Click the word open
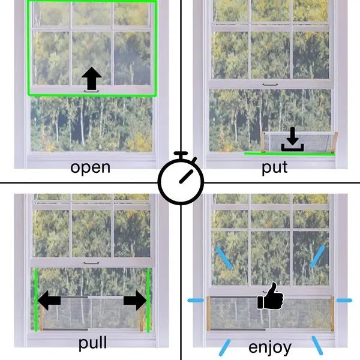pos(90,168)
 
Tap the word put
pos(275,167)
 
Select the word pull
pos(92,343)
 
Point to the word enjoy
pos(270,347)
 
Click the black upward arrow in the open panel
pos(91,78)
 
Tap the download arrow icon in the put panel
pos(293,139)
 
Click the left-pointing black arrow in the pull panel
pos(49,301)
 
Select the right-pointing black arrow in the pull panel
pos(135,301)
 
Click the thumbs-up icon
pos(271,296)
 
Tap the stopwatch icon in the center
pos(181,178)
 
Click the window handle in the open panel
pos(91,91)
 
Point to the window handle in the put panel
pos(270,85)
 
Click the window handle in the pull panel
pos(91,263)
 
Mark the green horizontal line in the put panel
pos(289,154)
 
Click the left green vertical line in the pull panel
pos(36,301)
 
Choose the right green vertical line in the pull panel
pos(148,301)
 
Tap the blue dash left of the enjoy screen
pos(196,301)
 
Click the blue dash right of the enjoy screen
pos(344,301)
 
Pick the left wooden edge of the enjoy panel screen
pos(208,314)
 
